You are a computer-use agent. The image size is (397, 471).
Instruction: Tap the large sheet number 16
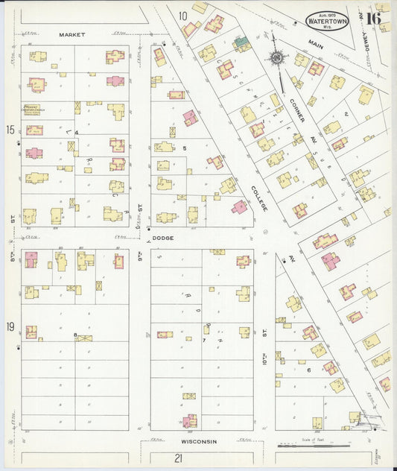pos(373,18)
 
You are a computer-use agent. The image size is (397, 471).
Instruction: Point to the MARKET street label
pos(72,34)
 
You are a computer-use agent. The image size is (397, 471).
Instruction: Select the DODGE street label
pos(162,238)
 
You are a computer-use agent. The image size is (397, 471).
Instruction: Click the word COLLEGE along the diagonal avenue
pos(258,196)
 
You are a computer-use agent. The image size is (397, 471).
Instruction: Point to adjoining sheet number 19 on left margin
pos(10,327)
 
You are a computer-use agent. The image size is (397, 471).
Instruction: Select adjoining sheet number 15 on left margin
pos(10,130)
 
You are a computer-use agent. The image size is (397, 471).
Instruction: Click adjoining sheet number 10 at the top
pos(182,15)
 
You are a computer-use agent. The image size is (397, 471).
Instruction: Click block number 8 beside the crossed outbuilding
pos(75,336)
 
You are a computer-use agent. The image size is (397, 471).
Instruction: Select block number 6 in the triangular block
pos(308,370)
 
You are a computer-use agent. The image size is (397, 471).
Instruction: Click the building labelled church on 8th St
pos(32,110)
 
